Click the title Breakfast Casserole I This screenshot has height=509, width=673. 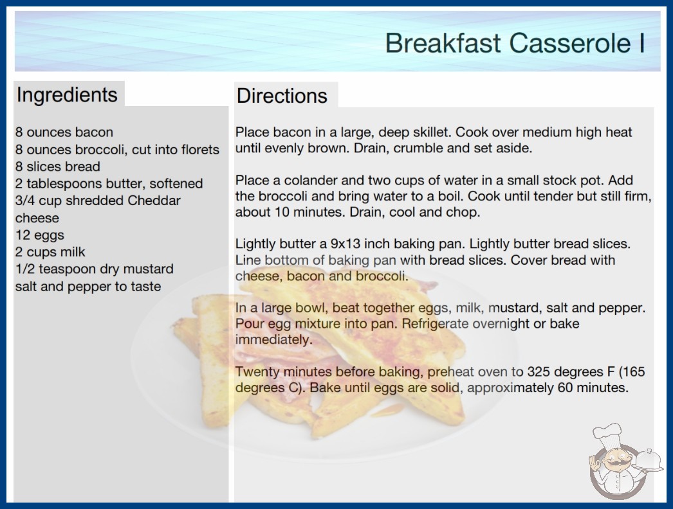pyautogui.click(x=515, y=43)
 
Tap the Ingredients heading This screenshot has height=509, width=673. pyautogui.click(x=67, y=94)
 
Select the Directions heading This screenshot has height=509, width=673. pyautogui.click(x=282, y=96)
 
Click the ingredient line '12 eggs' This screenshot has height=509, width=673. pyautogui.click(x=39, y=235)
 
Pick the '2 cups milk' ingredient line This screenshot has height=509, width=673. pyautogui.click(x=50, y=252)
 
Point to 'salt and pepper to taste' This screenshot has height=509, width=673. pyautogui.click(x=88, y=286)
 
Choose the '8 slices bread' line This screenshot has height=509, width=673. pyautogui.click(x=57, y=166)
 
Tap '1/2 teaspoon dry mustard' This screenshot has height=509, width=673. pyautogui.click(x=95, y=269)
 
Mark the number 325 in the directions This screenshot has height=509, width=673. pyautogui.click(x=540, y=371)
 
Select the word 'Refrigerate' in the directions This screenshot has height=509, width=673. pyautogui.click(x=435, y=323)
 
